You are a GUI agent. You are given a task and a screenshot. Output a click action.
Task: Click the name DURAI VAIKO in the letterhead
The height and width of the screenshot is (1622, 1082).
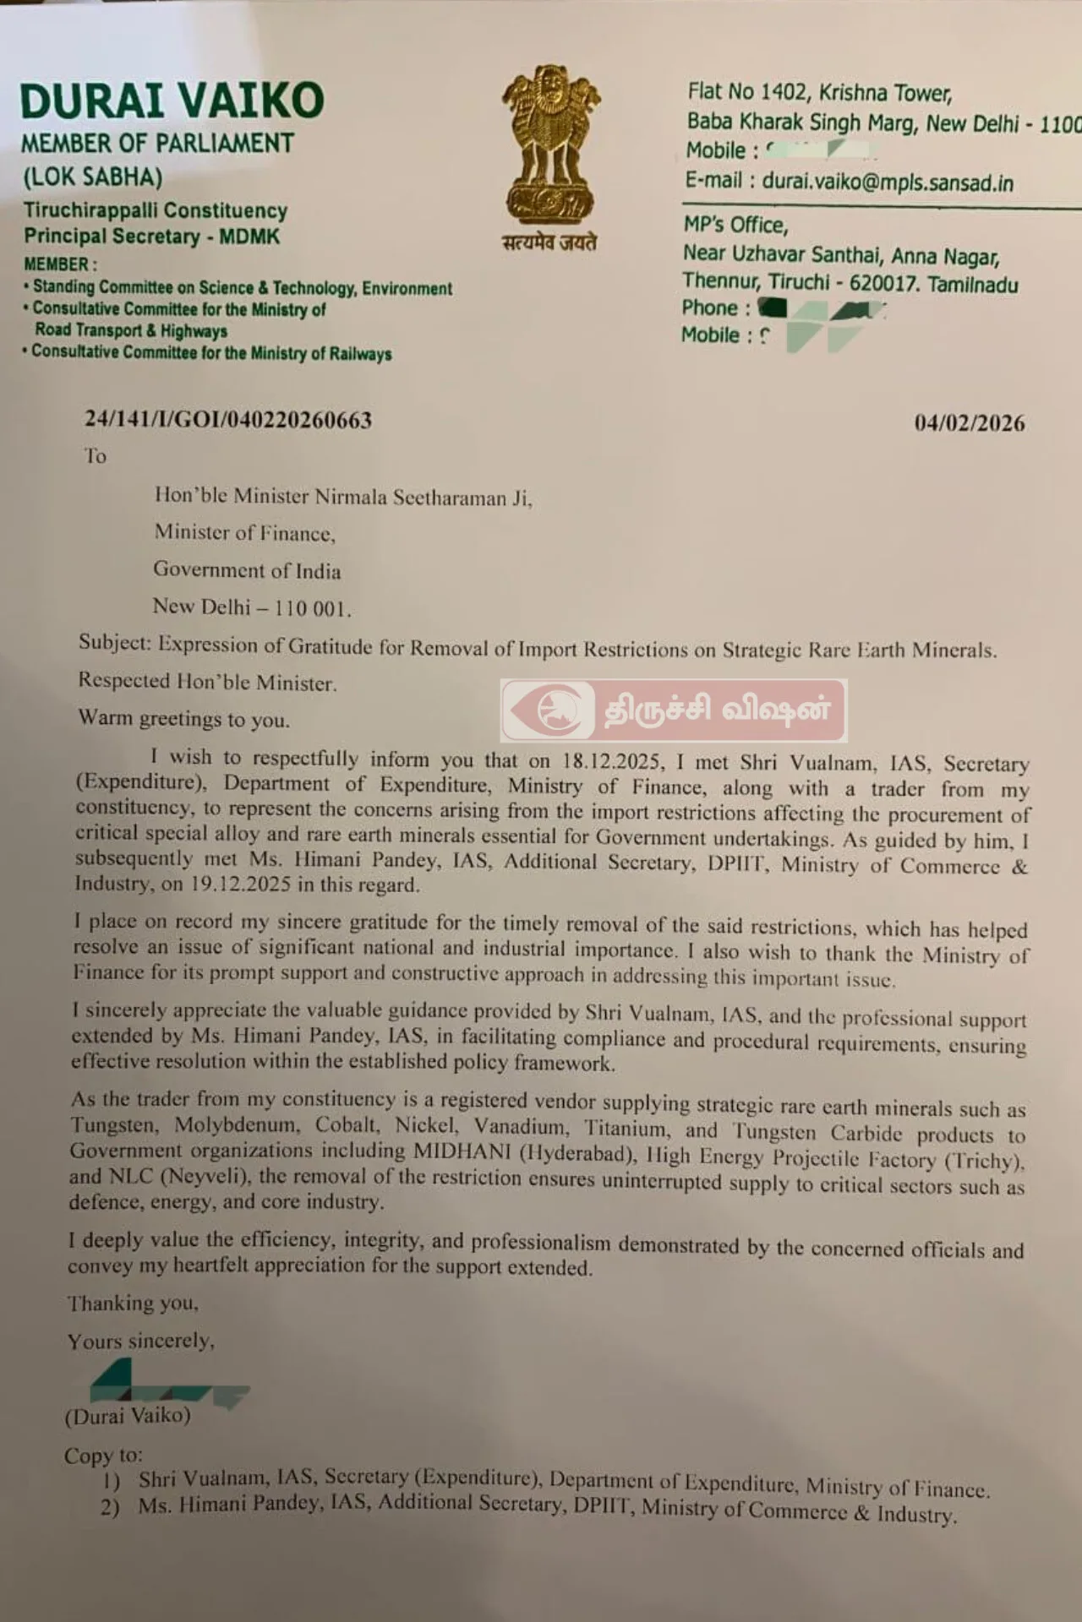click(172, 101)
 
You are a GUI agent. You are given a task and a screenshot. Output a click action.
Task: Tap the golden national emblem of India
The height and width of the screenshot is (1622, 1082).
click(550, 144)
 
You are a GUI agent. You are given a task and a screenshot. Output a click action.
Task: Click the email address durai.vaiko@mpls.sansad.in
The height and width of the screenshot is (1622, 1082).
click(888, 182)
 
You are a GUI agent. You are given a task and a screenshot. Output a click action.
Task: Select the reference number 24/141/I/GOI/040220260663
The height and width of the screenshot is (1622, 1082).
click(228, 420)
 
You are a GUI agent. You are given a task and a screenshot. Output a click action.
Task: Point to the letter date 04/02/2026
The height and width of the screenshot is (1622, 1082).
click(969, 422)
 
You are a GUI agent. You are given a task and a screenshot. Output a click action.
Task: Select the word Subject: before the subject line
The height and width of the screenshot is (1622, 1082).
click(115, 642)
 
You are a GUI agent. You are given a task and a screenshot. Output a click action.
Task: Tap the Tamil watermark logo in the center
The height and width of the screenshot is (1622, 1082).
click(674, 710)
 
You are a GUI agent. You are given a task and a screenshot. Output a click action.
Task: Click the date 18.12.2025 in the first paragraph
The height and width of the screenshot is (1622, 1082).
click(611, 760)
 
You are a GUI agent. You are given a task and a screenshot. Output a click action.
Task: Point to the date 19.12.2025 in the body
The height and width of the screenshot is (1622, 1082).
click(241, 884)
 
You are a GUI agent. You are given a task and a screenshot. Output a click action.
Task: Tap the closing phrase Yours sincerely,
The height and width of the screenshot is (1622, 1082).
click(141, 1341)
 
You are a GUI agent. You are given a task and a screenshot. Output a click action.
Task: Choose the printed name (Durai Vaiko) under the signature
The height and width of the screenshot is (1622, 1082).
click(128, 1416)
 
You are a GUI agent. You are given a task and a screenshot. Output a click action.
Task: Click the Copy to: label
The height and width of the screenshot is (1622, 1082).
click(103, 1456)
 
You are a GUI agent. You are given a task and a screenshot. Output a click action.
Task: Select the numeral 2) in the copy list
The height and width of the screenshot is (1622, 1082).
click(110, 1507)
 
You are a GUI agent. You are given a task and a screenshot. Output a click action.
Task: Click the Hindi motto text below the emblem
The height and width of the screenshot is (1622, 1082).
click(549, 242)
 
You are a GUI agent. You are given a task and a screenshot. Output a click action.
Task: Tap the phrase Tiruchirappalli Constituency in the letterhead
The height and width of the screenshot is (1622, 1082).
click(156, 210)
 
